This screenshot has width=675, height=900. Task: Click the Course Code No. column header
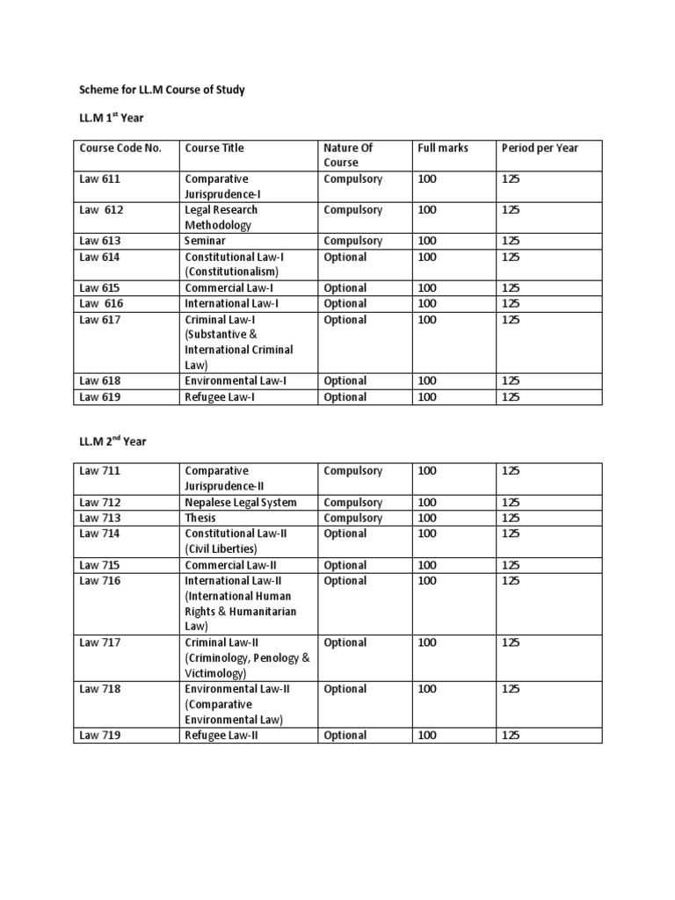tap(120, 148)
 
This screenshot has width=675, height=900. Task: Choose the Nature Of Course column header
tap(348, 155)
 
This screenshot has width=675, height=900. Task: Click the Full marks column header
tap(443, 148)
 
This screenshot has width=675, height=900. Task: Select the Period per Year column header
tap(540, 148)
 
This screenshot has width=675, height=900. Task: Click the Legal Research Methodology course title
tap(221, 217)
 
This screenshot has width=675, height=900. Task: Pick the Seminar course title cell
tap(205, 241)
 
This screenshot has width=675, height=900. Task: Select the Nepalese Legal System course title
tap(241, 503)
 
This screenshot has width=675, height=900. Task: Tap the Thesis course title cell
tap(200, 519)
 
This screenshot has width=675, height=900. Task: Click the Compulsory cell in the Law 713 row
tap(352, 519)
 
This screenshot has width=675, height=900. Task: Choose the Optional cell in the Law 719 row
tap(345, 735)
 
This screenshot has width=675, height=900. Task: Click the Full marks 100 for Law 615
tap(427, 288)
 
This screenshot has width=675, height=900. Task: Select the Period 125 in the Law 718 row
tap(511, 689)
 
